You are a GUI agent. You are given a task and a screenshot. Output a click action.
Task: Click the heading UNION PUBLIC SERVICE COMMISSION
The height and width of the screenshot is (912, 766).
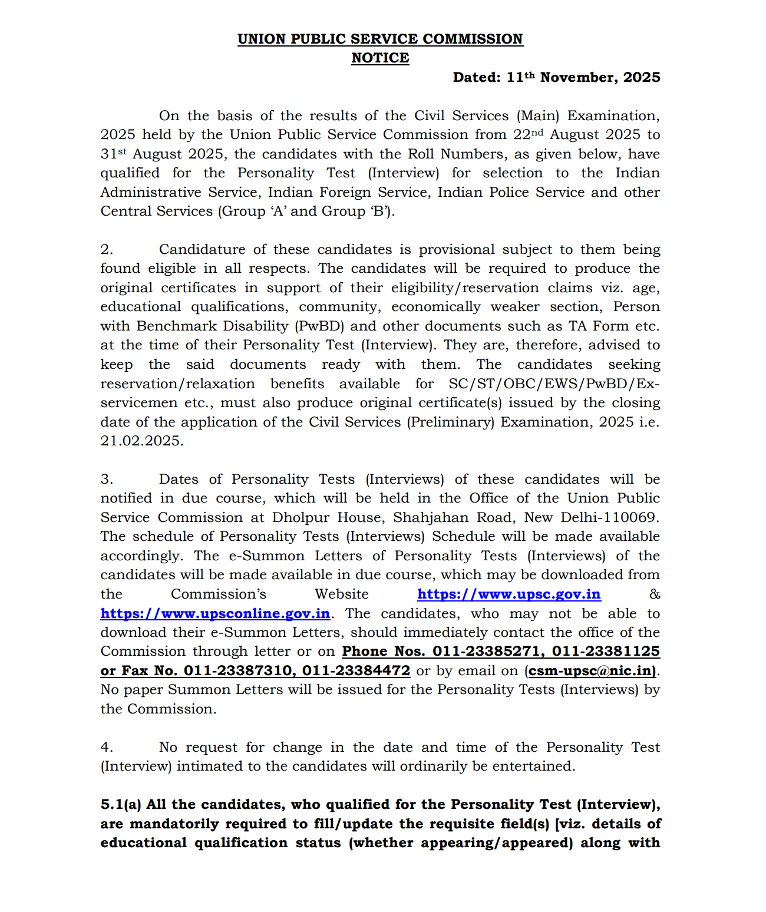coord(380,39)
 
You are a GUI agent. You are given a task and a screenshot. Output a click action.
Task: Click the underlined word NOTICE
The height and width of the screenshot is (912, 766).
coord(380,58)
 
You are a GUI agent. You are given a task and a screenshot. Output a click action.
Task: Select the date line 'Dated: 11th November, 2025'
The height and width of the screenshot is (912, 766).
coord(556,77)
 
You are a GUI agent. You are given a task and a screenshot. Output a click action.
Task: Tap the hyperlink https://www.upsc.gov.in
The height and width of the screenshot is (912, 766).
coord(509,594)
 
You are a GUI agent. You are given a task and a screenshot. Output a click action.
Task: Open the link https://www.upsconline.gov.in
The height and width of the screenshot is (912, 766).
coord(215,613)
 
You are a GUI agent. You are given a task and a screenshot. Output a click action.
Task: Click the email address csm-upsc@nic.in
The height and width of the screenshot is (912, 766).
coord(591,670)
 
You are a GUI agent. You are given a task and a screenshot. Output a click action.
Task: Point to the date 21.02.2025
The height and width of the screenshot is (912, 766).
coord(141,441)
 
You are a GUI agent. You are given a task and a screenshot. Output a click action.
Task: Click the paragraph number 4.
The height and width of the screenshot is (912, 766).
coord(107,747)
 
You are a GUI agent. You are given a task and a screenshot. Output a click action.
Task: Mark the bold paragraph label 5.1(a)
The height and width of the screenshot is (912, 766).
coord(121,805)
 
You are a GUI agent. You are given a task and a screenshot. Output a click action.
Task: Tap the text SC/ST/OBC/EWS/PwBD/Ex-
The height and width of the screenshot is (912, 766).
coord(554,384)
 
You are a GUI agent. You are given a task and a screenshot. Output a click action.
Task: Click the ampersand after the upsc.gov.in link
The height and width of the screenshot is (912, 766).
coord(655,594)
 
